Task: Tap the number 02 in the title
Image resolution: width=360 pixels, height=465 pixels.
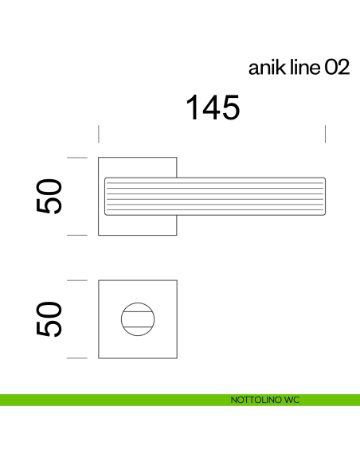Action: point(336,68)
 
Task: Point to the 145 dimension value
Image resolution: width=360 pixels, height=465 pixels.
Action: point(213,107)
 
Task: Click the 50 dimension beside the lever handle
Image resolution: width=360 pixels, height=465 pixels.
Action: point(49,197)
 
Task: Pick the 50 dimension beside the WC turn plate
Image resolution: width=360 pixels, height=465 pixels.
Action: point(49,319)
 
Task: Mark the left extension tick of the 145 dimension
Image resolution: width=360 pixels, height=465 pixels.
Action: point(98,134)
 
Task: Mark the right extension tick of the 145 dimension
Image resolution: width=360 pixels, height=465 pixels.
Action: point(326,134)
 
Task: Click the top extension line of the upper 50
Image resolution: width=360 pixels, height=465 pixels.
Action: point(76,158)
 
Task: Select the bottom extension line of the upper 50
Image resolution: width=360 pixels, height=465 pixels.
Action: point(76,236)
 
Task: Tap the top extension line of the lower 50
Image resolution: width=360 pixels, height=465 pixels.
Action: point(76,280)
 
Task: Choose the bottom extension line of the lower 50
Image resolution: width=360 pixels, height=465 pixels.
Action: point(76,358)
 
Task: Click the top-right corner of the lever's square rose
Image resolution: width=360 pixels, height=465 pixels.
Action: point(176,158)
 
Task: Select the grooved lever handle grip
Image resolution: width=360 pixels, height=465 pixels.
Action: point(215,196)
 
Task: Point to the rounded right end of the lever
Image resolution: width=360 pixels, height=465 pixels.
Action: point(323,196)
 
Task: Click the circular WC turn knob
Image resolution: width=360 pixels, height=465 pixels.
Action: point(137,319)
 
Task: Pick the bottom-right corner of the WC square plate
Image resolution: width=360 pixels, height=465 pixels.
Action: point(176,358)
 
